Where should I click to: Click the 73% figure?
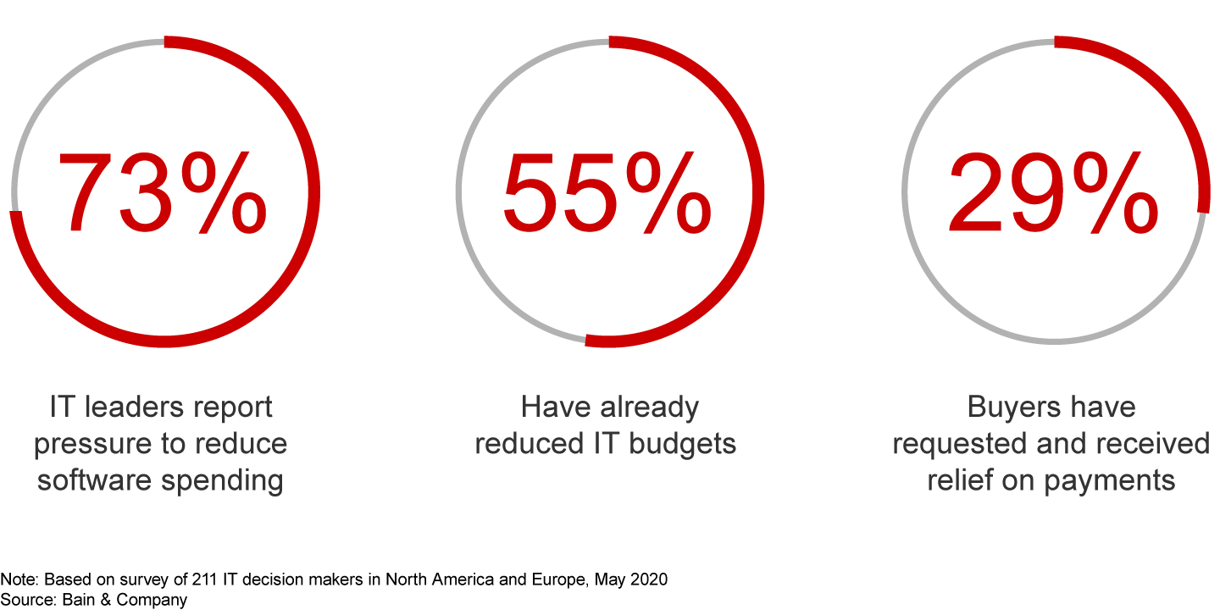click(163, 193)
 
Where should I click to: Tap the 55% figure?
click(607, 193)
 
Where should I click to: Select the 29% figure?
click(1053, 193)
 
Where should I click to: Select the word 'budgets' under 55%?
click(683, 445)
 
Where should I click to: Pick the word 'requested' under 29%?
click(960, 445)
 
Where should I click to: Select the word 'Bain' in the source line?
click(79, 599)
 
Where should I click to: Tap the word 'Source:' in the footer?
click(28, 599)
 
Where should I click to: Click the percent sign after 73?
click(225, 193)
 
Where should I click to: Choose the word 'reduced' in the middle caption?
click(530, 443)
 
